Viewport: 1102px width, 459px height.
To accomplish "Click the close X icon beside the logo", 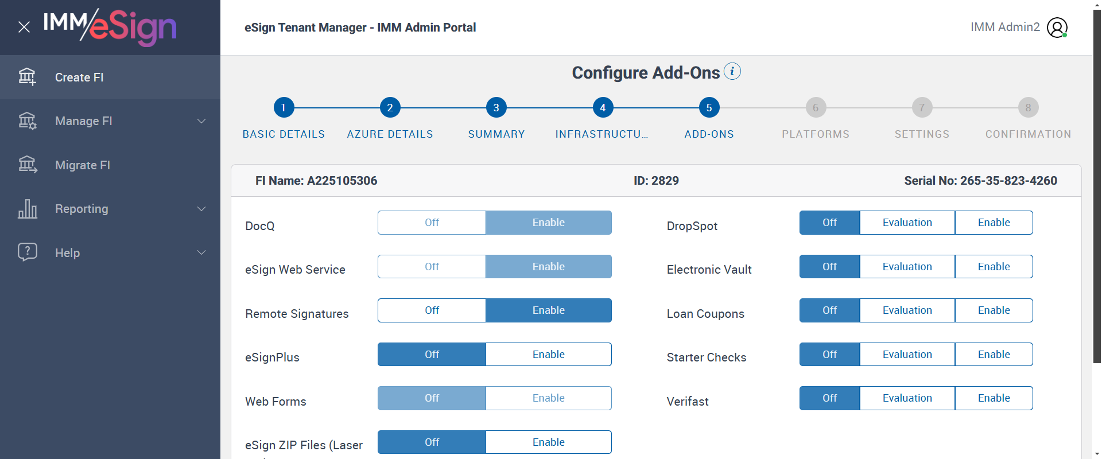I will [x=24, y=27].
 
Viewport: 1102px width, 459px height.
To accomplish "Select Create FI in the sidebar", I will [x=79, y=77].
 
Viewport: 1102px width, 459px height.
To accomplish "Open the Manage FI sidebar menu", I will [x=84, y=121].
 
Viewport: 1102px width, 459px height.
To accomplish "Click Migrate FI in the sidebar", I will [x=83, y=165].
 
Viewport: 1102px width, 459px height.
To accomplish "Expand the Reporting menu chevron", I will [x=201, y=209].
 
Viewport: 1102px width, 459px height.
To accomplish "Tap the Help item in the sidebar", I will [x=67, y=253].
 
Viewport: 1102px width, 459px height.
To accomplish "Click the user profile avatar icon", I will [x=1057, y=28].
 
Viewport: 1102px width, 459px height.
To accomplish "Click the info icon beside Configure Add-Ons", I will [x=732, y=72].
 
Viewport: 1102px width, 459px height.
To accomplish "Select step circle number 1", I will [x=284, y=108].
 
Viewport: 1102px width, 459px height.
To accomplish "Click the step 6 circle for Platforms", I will [x=816, y=108].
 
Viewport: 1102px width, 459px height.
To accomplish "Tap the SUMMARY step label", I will [x=496, y=134].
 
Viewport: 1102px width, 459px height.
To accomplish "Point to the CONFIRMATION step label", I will [x=1028, y=134].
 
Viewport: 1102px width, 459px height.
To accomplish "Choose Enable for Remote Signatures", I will [x=548, y=310].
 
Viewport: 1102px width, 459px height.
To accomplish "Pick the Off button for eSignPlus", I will [x=432, y=355].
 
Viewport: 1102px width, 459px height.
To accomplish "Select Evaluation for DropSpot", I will [x=907, y=223].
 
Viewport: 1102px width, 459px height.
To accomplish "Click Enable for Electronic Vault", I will [x=994, y=267].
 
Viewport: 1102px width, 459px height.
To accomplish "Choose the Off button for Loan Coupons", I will [x=829, y=310].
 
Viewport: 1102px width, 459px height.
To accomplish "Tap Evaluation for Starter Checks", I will [x=907, y=355].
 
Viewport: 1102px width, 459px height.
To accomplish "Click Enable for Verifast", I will [x=994, y=398].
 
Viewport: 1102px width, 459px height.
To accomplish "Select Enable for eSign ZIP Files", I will [x=548, y=442].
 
